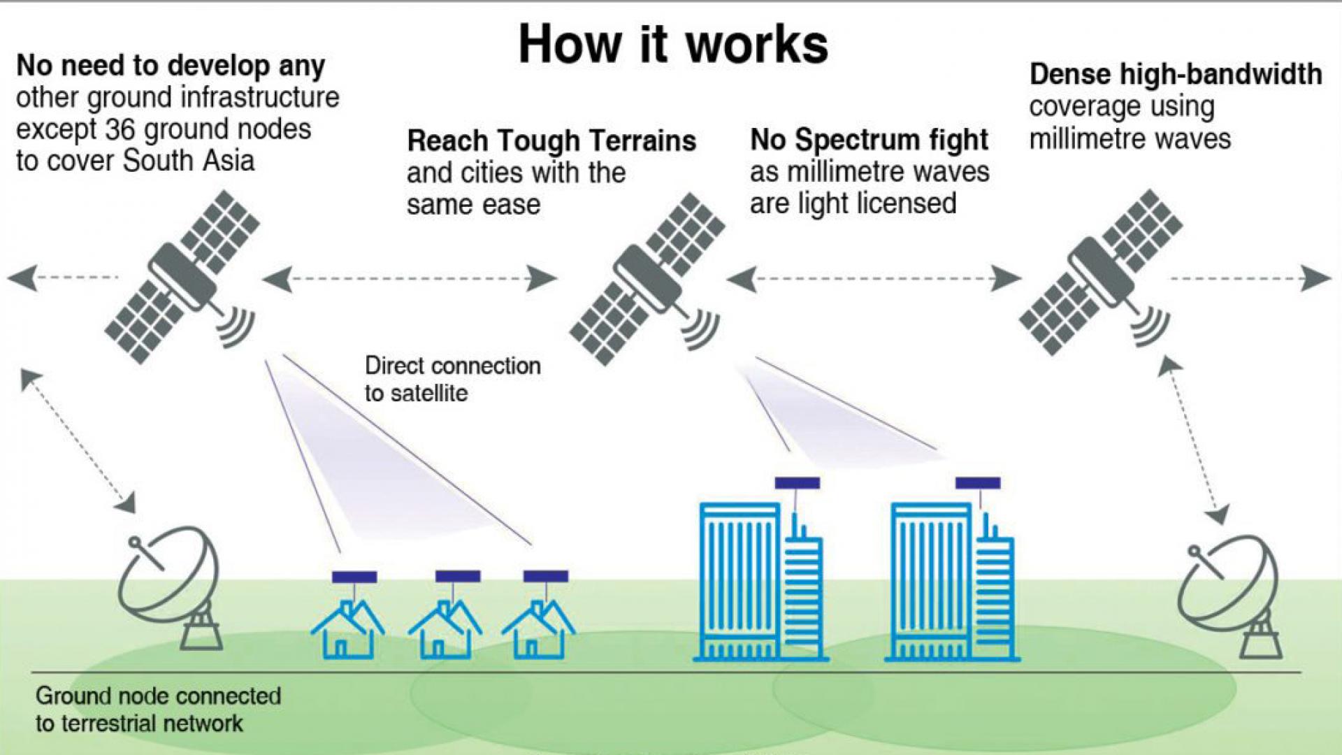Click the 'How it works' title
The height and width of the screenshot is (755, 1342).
pyautogui.click(x=673, y=44)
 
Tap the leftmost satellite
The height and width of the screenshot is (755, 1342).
pyautogui.click(x=183, y=276)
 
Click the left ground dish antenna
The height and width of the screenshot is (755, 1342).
pyautogui.click(x=171, y=587)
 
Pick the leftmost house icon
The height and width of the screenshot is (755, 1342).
pyautogui.click(x=347, y=629)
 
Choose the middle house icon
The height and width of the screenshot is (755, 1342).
pyautogui.click(x=445, y=629)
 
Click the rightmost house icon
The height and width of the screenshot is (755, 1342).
pyautogui.click(x=538, y=629)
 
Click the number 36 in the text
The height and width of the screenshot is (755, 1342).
pyautogui.click(x=120, y=129)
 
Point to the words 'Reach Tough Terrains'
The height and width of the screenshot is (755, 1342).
pyautogui.click(x=551, y=141)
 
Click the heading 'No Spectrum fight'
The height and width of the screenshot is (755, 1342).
pyautogui.click(x=869, y=140)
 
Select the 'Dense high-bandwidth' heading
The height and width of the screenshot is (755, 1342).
pyautogui.click(x=1176, y=74)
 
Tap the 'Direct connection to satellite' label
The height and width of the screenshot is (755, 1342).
pyautogui.click(x=452, y=379)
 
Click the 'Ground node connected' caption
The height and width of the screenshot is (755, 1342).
pyautogui.click(x=158, y=696)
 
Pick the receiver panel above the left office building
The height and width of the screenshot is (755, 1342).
pyautogui.click(x=797, y=483)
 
